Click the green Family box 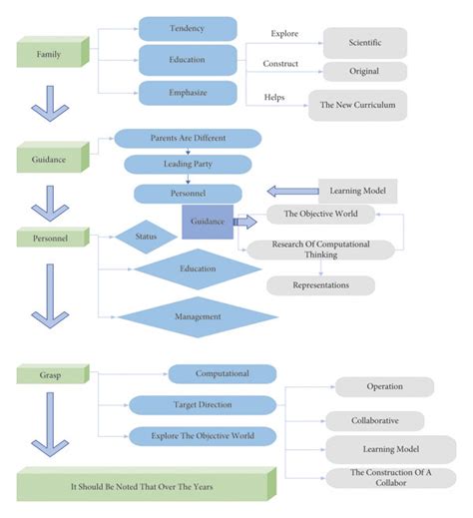tap(51, 54)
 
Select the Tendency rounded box tap(188, 29)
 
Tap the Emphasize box tap(188, 93)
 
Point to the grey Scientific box tap(364, 42)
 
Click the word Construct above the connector tap(280, 64)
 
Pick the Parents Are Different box tap(188, 138)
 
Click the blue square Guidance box tap(207, 222)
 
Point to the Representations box tap(320, 285)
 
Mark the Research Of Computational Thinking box tap(320, 250)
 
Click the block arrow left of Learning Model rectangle tap(288, 191)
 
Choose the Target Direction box tap(202, 405)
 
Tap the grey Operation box tap(384, 386)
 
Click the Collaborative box tap(374, 421)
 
